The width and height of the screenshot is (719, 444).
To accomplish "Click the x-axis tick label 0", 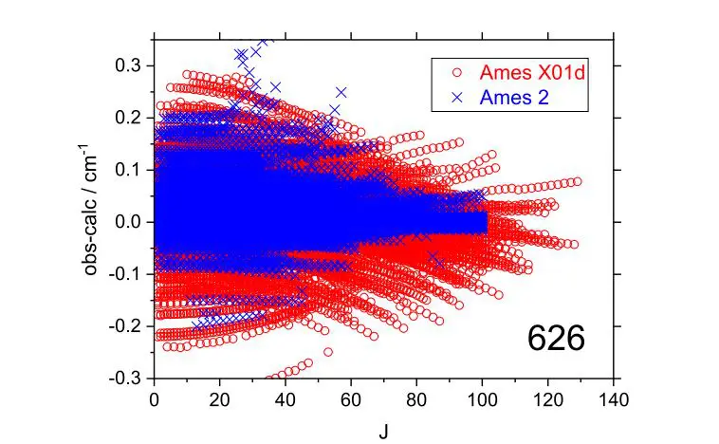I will tap(155, 399).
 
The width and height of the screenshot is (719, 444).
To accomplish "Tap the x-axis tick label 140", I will tap(614, 399).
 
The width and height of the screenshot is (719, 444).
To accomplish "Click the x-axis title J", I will tap(384, 429).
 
